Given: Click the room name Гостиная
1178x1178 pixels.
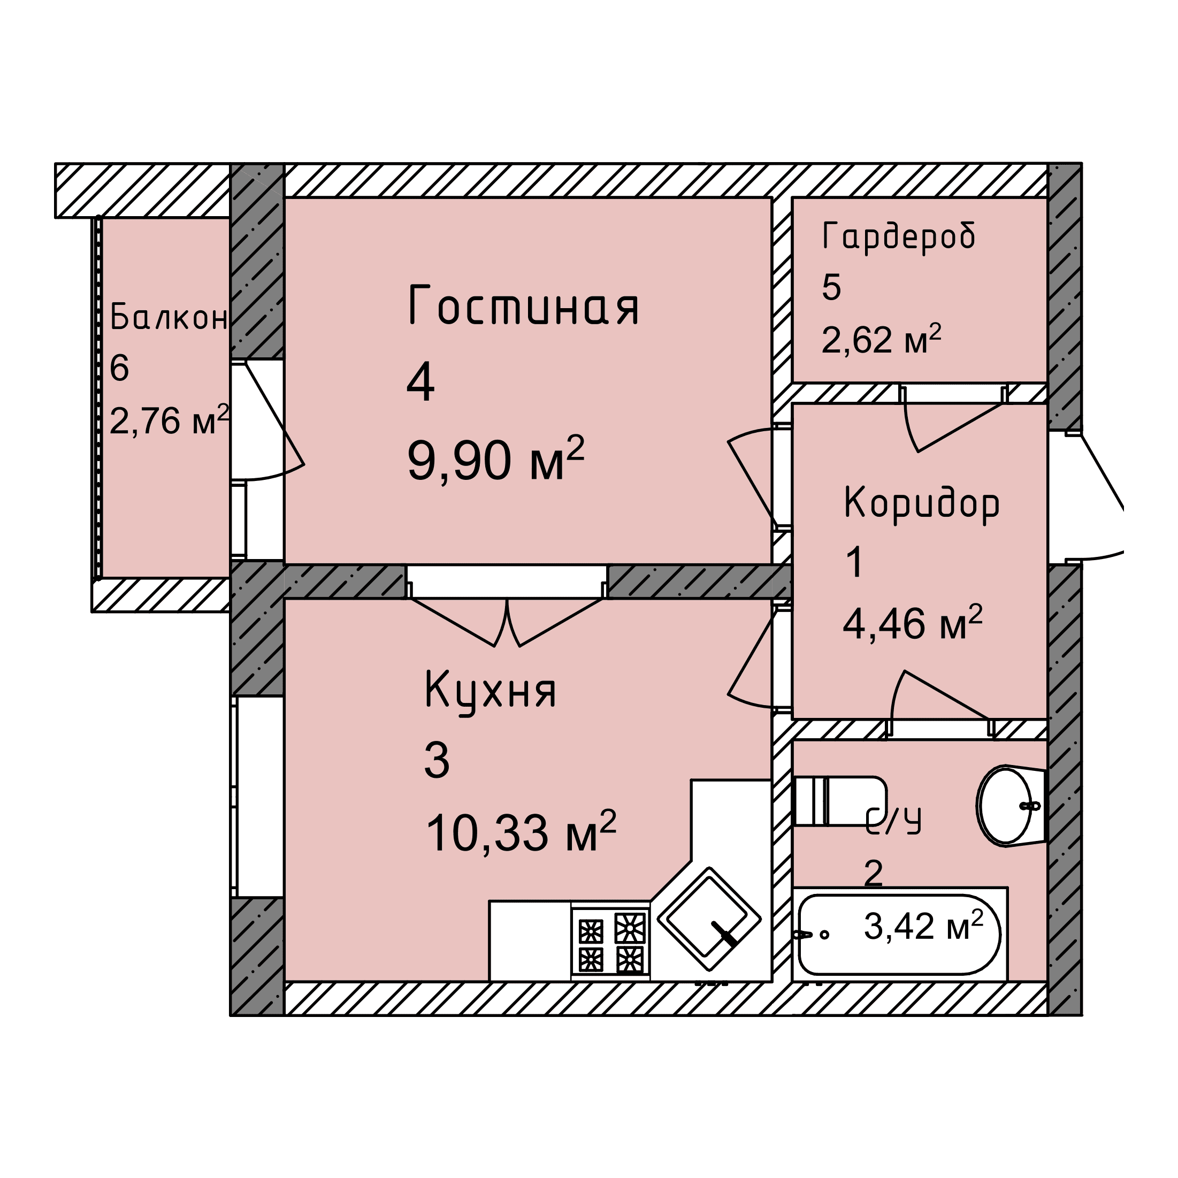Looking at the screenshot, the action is pos(523,305).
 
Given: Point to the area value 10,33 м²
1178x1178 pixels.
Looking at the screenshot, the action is pos(521,832).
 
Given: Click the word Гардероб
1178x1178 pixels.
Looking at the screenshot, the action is pos(899,237).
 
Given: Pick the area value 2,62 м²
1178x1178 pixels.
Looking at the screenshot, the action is pos(881,339).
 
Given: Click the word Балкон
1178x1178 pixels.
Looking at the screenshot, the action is pos(169,317).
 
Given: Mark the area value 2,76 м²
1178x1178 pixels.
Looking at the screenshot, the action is pos(170,419).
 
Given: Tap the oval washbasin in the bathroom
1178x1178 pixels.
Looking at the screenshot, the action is pos(1011,806).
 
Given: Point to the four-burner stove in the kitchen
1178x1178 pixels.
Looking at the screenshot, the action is pos(610,942).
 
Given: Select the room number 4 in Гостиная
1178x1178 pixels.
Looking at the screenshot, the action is pos(420,381).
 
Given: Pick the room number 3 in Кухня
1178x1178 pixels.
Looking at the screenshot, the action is pos(437,760).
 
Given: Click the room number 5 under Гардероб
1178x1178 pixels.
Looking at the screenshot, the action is pos(832,287).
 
